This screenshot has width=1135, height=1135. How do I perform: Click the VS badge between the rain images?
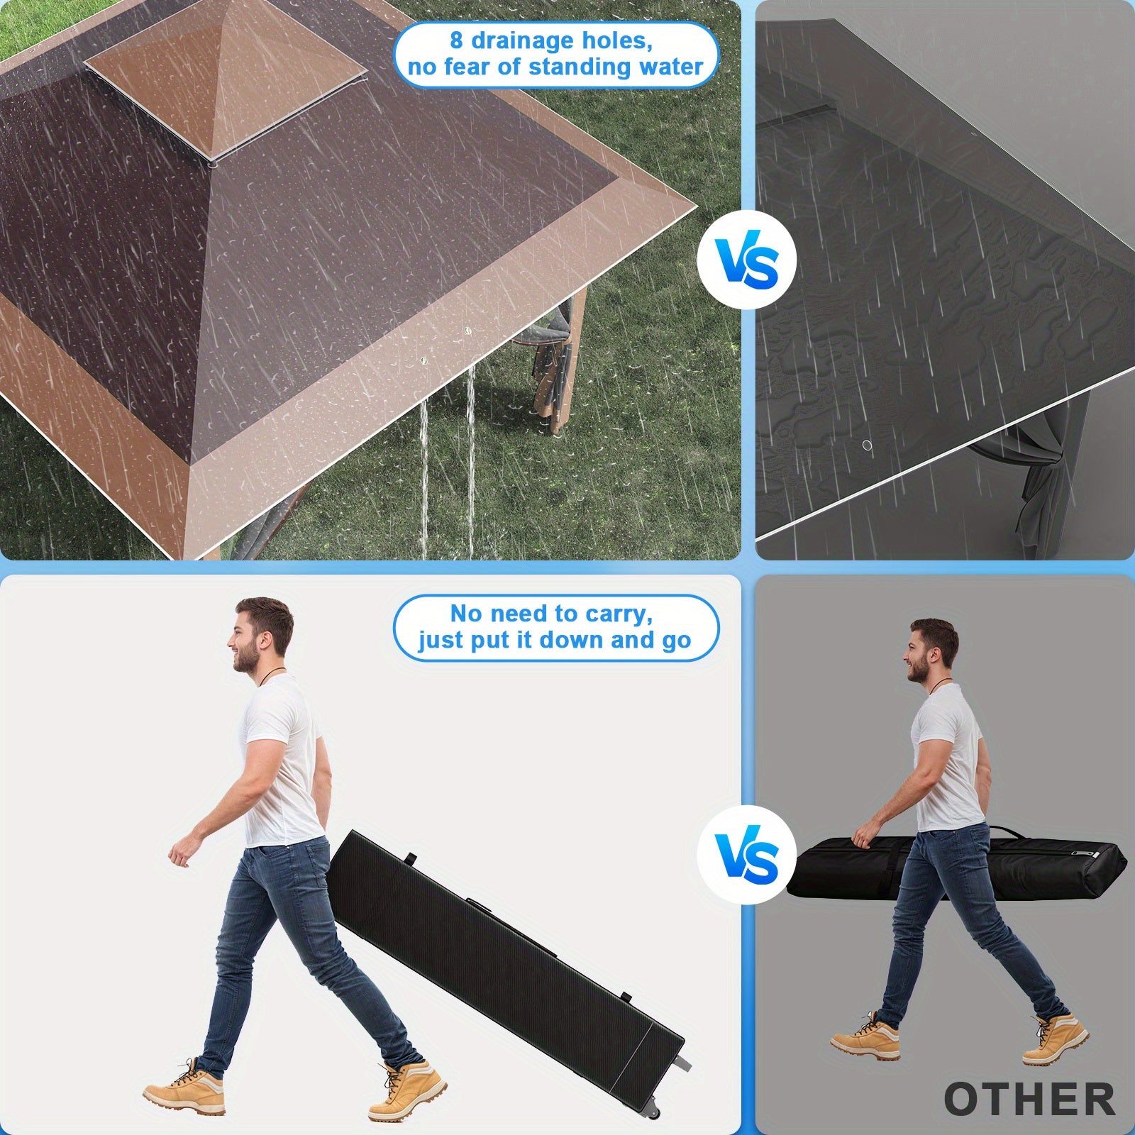click(747, 260)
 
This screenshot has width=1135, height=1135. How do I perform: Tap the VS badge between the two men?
click(747, 856)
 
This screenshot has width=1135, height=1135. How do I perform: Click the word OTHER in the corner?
click(1030, 1099)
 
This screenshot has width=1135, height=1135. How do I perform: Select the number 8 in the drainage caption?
click(456, 40)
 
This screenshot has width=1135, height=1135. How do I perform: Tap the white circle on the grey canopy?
click(866, 445)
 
